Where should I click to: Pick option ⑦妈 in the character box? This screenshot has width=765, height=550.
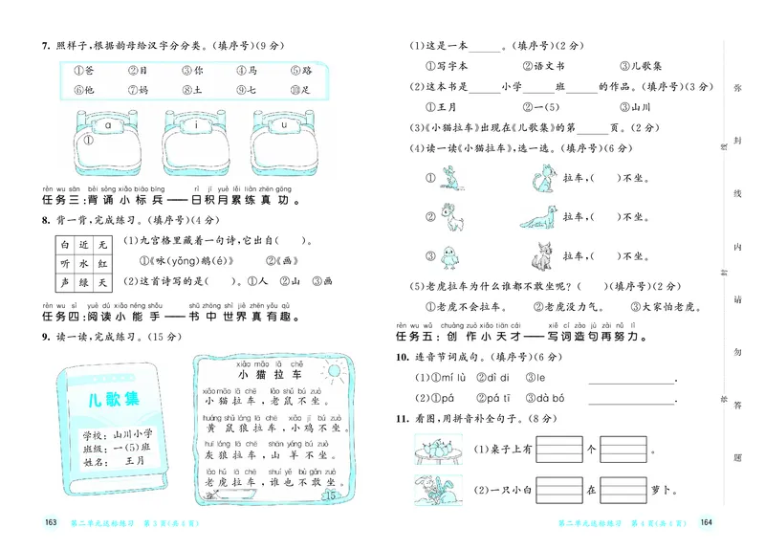pos(139,91)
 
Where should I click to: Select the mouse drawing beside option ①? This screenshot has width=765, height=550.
pos(449,176)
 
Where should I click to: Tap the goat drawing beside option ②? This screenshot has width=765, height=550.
pos(449,217)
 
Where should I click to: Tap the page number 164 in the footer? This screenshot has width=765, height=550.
pos(708,522)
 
